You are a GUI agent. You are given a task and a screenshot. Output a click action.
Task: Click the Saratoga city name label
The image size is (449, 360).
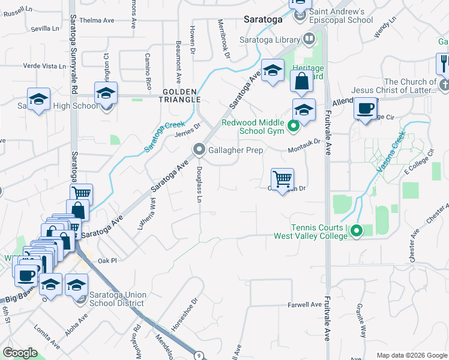pos(263,19)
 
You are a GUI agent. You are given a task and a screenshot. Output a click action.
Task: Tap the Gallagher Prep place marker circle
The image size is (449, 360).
pos(199,149)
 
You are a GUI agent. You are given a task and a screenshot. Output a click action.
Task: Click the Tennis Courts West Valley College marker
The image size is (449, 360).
pos(357,230)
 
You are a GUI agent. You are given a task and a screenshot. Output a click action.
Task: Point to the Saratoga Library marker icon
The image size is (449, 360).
pos(309,40)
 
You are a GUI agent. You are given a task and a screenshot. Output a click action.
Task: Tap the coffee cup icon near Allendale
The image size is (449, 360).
pos(365,109)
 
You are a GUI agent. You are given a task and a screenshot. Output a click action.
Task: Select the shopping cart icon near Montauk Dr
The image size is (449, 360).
pos(282,179)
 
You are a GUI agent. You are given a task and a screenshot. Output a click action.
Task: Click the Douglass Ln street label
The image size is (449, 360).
pos(199,184)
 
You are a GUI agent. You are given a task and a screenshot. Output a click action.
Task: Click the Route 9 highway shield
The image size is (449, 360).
pos(198,355)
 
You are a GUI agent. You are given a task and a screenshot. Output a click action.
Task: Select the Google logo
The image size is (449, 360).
pos(20,353)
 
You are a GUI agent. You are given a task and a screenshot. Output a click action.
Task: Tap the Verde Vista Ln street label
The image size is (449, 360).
pos(44,65)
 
